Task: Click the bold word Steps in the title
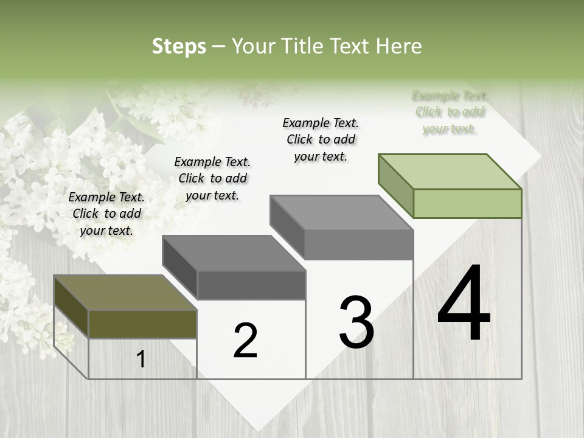click(179, 46)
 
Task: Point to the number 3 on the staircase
click(356, 322)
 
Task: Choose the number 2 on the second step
click(246, 341)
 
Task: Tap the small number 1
click(141, 359)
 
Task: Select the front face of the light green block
click(467, 203)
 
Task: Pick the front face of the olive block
click(142, 324)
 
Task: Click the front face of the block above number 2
click(251, 285)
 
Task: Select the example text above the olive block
click(106, 214)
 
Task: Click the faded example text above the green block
click(450, 112)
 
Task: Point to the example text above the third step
click(321, 139)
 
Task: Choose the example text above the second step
click(212, 178)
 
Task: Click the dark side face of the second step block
click(180, 267)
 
